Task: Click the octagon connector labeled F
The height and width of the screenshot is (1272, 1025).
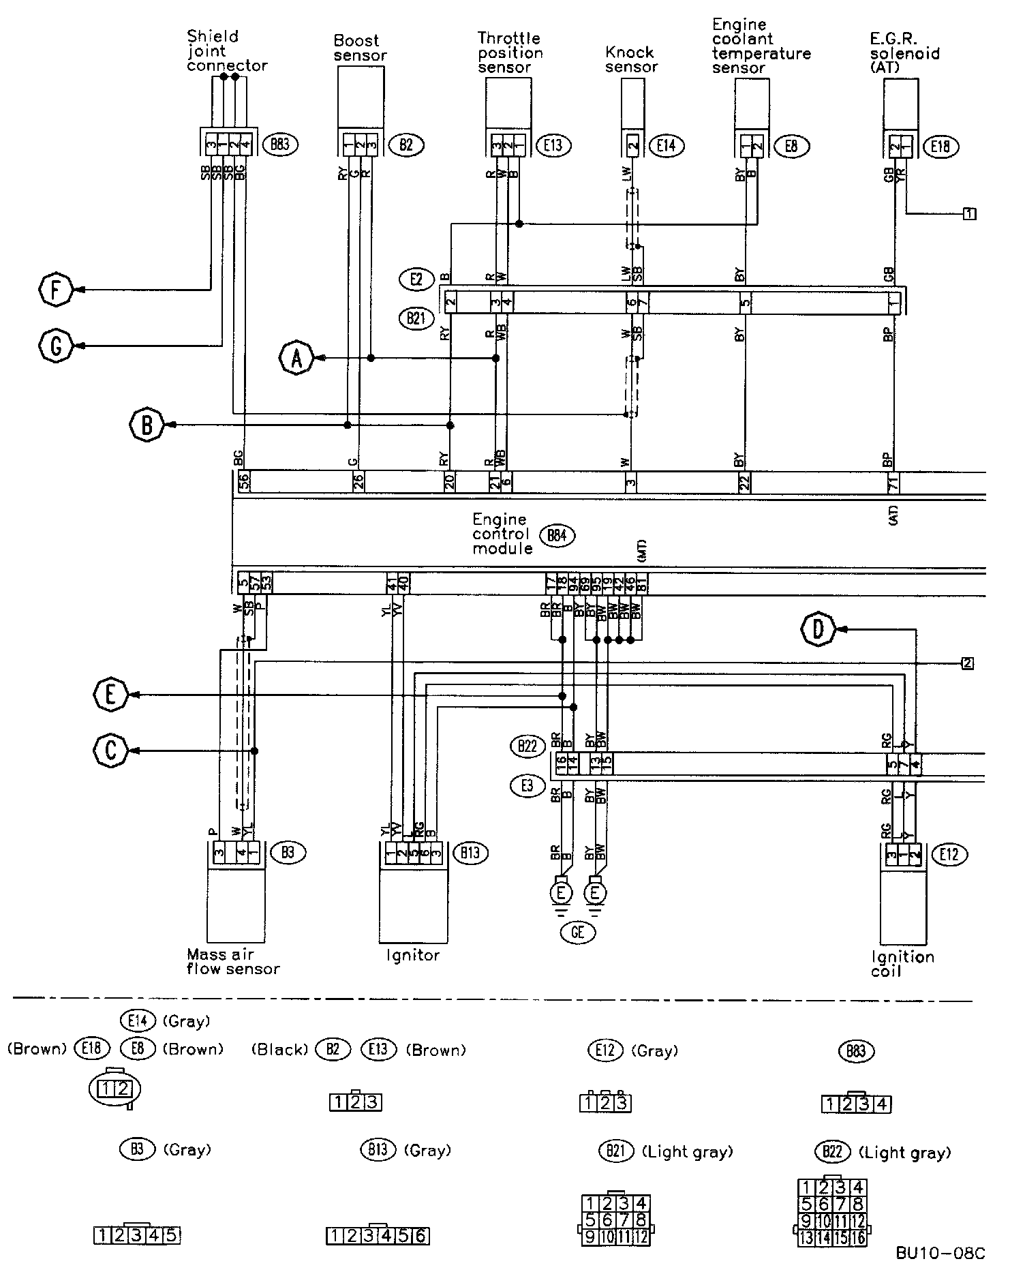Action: tap(55, 290)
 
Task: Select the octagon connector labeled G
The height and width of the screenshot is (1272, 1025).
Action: tap(55, 346)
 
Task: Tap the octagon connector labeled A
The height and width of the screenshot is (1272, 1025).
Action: tap(296, 358)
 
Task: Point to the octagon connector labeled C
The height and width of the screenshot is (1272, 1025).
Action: tap(110, 751)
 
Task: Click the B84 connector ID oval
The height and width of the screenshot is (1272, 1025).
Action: tap(557, 535)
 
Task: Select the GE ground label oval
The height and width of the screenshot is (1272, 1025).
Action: tap(577, 932)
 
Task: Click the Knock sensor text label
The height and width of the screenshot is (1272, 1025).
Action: tap(631, 60)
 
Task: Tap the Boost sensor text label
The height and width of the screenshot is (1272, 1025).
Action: tap(360, 48)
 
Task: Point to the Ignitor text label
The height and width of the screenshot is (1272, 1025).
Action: tap(413, 955)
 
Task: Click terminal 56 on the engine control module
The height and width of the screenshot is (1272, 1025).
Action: tap(243, 482)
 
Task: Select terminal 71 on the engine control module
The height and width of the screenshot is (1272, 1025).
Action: tap(892, 482)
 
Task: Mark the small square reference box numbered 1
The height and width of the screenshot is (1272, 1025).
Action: tap(968, 214)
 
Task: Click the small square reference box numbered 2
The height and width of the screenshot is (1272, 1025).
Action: tap(967, 663)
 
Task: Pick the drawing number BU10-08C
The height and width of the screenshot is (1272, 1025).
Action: tap(940, 1253)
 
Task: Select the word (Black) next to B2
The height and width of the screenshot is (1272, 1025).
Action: tap(280, 1050)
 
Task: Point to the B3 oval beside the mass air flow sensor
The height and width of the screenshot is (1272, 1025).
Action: tap(288, 852)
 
